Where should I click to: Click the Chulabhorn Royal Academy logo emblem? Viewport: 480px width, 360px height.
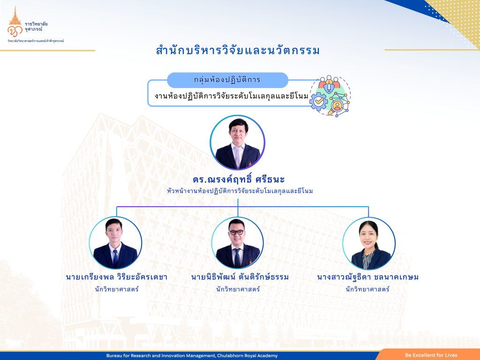(x=15, y=22)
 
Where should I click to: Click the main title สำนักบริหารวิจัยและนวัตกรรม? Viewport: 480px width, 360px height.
(x=238, y=51)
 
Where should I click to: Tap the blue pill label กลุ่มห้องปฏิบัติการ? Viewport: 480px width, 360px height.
(x=227, y=80)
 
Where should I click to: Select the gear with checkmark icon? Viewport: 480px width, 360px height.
(x=318, y=101)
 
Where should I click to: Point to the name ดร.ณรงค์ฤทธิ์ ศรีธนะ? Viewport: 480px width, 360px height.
(x=239, y=180)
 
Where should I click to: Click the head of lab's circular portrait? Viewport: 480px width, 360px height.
(x=238, y=142)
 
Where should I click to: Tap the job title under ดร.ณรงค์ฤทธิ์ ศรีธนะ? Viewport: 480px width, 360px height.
(x=240, y=191)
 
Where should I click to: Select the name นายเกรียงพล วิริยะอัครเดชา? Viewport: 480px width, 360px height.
(x=117, y=277)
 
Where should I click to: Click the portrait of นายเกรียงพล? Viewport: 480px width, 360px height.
(x=115, y=243)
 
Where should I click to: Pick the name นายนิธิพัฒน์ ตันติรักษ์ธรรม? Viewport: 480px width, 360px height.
(x=240, y=277)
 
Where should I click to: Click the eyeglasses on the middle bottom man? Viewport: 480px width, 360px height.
(x=237, y=232)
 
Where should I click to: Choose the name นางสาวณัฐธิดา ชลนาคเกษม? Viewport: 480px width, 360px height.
(x=367, y=277)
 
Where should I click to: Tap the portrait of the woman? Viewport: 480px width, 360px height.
(x=369, y=243)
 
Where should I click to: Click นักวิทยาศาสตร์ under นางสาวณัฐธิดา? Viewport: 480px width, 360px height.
(x=367, y=289)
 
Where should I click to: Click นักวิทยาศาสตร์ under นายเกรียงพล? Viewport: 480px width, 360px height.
(x=117, y=289)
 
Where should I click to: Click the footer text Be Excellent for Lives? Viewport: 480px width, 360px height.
(x=431, y=355)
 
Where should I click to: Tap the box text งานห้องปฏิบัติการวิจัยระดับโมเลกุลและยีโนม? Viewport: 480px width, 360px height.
(x=231, y=96)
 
